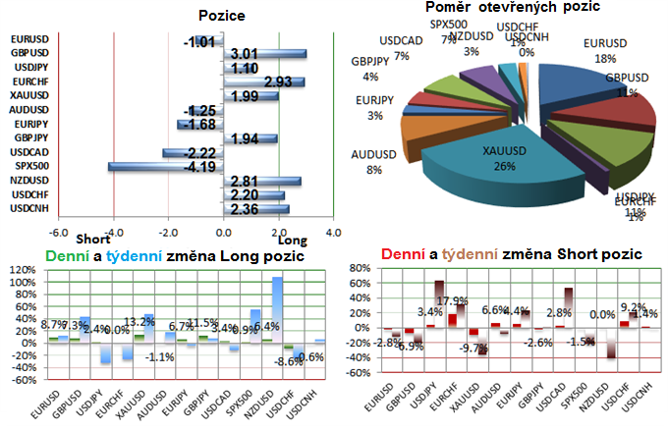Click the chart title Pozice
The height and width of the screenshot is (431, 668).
point(223,17)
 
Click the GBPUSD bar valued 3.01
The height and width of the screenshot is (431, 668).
point(265,54)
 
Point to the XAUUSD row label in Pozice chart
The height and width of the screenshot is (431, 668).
point(26,95)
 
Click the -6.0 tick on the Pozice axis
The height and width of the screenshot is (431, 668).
point(58,233)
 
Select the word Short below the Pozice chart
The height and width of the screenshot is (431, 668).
point(93,240)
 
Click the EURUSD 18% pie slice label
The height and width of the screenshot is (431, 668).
point(605,52)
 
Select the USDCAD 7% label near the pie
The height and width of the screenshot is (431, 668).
point(404,50)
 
